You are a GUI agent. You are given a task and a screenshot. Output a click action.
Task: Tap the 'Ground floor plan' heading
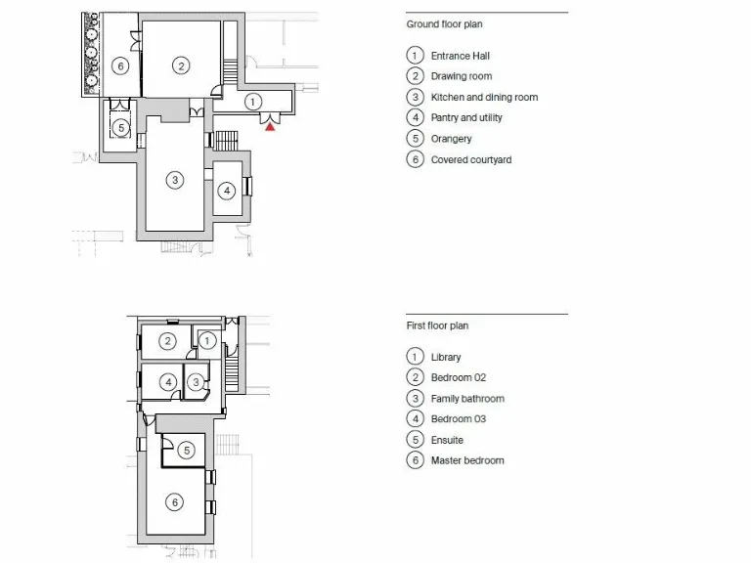pyautogui.click(x=444, y=24)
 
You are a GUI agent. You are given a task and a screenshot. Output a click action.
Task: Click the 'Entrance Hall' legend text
pyautogui.click(x=460, y=56)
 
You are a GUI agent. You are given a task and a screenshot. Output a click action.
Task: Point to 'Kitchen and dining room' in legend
pyautogui.click(x=484, y=98)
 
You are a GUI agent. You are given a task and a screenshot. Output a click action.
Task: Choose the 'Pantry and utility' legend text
pyautogui.click(x=466, y=118)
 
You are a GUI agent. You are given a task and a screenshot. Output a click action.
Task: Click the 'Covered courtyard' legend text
pyautogui.click(x=470, y=160)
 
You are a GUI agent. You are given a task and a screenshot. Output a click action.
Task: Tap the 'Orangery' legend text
pyautogui.click(x=451, y=139)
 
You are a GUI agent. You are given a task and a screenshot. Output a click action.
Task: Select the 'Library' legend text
pyautogui.click(x=446, y=358)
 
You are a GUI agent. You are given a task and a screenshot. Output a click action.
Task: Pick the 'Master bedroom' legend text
pyautogui.click(x=467, y=460)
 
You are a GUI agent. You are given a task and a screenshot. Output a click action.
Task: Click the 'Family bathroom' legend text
pyautogui.click(x=467, y=399)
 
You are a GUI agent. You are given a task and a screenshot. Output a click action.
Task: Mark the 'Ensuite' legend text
pyautogui.click(x=447, y=440)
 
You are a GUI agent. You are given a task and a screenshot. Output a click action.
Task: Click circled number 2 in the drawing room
pyautogui.click(x=180, y=65)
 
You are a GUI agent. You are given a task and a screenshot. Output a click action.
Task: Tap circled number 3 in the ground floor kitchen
pyautogui.click(x=174, y=180)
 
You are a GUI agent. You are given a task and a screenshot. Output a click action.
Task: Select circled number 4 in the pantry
pyautogui.click(x=227, y=190)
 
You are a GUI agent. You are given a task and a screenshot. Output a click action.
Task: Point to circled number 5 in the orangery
pyautogui.click(x=120, y=128)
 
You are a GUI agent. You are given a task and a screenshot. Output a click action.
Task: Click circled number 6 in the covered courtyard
pyautogui.click(x=120, y=66)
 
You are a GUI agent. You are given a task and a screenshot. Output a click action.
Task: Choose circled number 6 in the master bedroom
pyautogui.click(x=174, y=502)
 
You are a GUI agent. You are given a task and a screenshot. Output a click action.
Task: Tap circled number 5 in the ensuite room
pyautogui.click(x=187, y=451)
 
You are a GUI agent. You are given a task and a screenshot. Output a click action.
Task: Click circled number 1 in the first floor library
pyautogui.click(x=207, y=340)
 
